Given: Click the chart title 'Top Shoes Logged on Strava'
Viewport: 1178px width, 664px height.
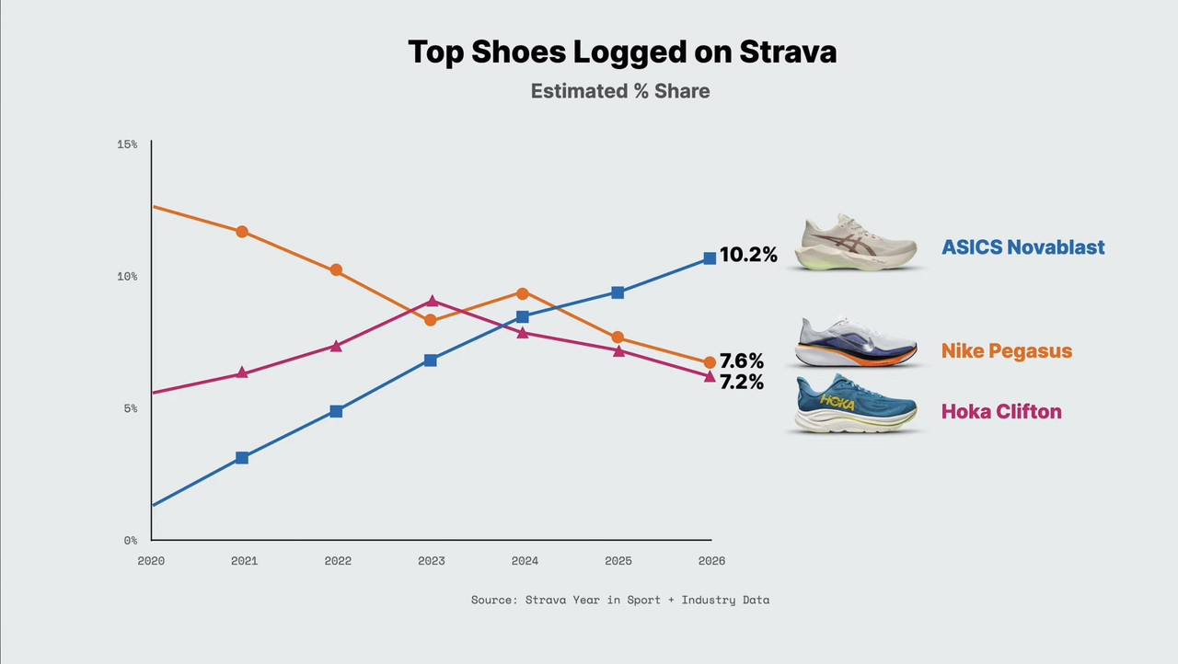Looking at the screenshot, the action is point(622,52).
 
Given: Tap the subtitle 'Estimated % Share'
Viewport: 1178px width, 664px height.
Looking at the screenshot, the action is point(620,91).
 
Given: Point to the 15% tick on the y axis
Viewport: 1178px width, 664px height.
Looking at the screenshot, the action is point(127,144).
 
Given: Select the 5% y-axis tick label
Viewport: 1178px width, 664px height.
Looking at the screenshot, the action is point(131,408).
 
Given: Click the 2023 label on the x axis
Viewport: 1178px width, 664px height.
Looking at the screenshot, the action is point(432,560).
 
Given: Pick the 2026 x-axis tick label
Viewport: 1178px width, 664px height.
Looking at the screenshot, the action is point(711,560).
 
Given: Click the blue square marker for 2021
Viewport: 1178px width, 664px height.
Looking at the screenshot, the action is point(242,458).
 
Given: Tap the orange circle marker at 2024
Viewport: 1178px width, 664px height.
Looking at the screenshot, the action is point(522,293).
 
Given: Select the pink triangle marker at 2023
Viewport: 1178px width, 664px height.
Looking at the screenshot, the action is point(432,301).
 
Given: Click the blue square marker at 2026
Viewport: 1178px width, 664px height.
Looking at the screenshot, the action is point(710,258).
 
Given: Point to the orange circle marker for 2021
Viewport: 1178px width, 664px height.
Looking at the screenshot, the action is point(242,232).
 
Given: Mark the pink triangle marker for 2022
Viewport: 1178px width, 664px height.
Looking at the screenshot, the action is point(336,346).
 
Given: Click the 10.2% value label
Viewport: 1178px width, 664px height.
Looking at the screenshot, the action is point(748,255).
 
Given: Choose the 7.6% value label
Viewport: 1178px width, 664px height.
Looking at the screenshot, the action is point(742,361).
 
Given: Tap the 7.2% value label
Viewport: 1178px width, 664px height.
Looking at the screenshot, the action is point(742,382).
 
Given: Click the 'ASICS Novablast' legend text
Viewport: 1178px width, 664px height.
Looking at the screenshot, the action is point(1022,246).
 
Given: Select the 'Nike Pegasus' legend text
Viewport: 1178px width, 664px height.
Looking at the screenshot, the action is point(1007,351).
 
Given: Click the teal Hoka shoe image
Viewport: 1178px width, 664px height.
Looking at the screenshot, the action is point(856,404).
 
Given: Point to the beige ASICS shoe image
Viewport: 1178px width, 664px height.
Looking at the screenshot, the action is point(856,242).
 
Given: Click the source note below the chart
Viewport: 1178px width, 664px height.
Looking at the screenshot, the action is point(620,600).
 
